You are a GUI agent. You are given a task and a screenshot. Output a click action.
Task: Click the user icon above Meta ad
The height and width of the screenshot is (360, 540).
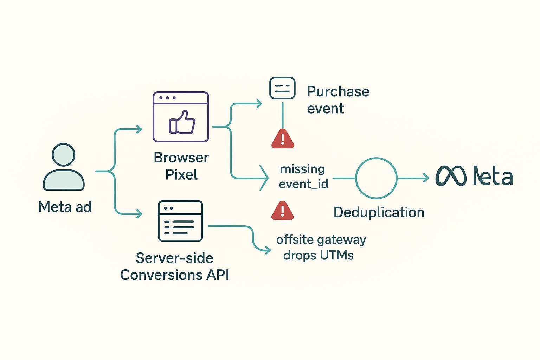point(64,167)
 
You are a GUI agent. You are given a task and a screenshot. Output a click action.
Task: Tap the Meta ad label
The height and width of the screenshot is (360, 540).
point(65,207)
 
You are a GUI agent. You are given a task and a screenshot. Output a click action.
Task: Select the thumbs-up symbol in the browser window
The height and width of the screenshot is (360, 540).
point(182,122)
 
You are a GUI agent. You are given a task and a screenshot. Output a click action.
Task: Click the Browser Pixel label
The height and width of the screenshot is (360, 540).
point(181,166)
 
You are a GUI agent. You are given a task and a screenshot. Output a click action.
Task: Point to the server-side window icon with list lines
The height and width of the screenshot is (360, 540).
point(180,221)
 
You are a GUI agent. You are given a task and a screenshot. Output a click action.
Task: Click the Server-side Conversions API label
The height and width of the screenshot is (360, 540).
point(175,266)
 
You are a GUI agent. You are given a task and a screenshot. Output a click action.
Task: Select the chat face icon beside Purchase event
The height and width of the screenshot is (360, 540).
point(282,88)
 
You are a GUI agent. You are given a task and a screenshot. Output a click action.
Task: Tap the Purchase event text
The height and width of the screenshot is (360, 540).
point(338,100)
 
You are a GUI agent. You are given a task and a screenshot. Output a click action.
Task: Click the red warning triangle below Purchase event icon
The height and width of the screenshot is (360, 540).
point(282,139)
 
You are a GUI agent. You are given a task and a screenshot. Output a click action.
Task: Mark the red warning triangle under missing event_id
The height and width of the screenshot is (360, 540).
point(282,211)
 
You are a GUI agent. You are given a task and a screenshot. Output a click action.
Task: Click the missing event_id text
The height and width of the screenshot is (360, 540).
point(303,176)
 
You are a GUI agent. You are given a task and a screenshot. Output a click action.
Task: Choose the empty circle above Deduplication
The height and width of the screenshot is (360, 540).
point(376,178)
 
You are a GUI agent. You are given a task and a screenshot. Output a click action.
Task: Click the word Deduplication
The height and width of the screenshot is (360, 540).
point(379,212)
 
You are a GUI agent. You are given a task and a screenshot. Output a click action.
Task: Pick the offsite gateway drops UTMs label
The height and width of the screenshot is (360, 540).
point(321,247)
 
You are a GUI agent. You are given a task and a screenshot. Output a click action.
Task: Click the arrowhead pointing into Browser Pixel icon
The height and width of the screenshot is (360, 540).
point(139,129)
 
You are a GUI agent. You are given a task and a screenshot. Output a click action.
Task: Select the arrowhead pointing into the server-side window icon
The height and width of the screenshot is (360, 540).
point(139,214)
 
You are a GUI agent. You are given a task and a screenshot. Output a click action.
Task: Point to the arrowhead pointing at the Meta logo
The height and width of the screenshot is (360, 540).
point(426,178)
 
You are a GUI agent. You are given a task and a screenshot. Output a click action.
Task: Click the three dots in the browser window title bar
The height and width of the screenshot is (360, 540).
point(167,98)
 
